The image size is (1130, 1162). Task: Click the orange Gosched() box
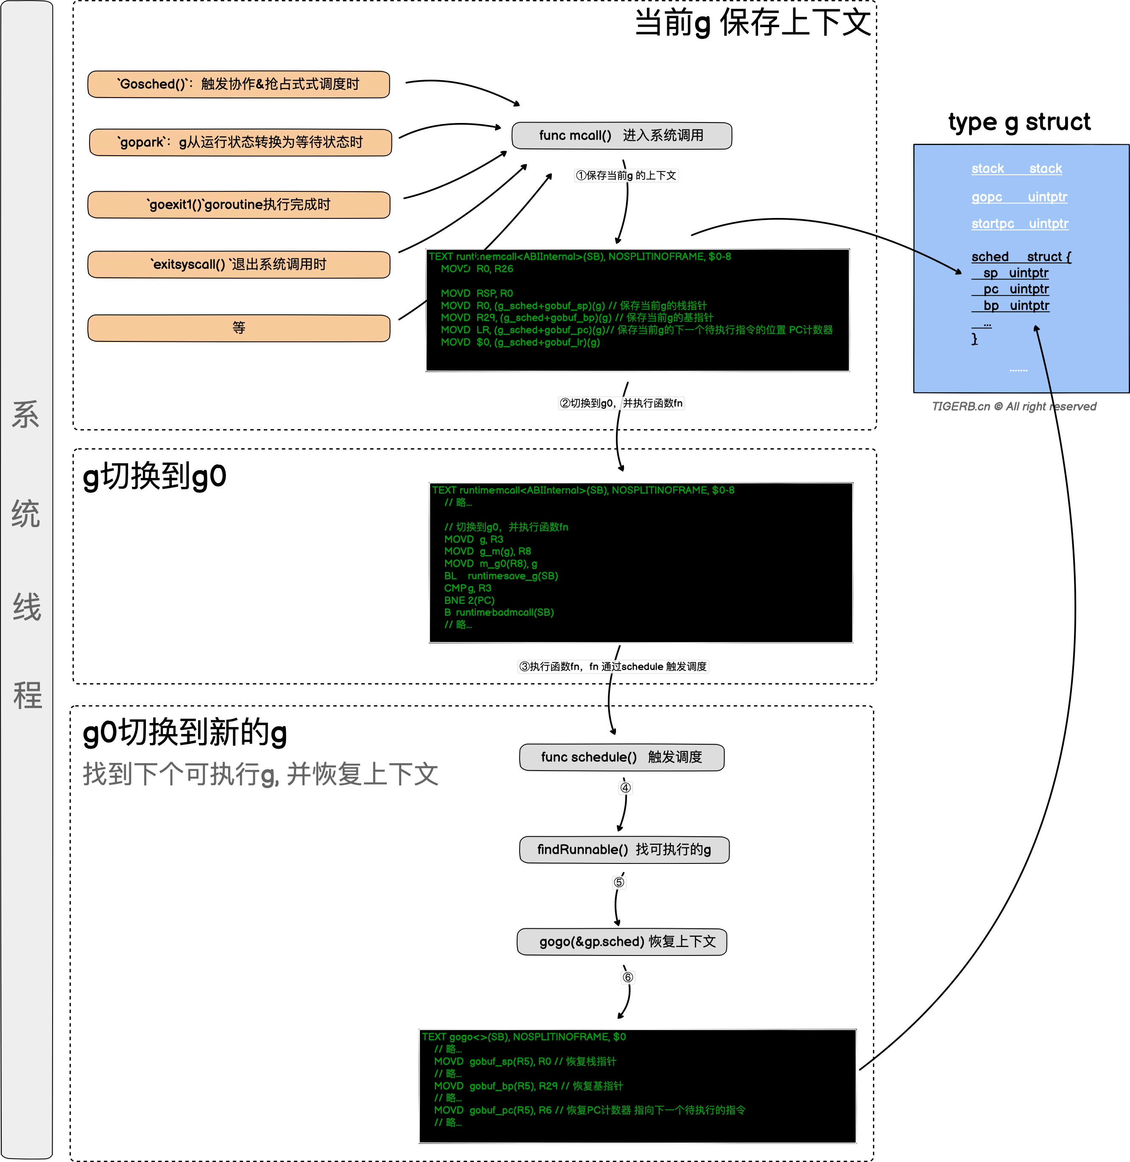click(x=238, y=84)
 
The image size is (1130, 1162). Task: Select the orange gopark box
click(x=241, y=142)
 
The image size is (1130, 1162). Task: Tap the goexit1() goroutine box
click(x=238, y=205)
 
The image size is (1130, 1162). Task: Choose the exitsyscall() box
click(x=238, y=265)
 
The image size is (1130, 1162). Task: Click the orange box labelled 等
click(x=238, y=328)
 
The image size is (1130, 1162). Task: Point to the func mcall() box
click(x=621, y=136)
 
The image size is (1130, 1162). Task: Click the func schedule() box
click(x=621, y=757)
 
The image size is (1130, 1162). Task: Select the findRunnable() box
click(x=624, y=850)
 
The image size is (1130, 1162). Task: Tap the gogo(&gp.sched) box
click(x=621, y=942)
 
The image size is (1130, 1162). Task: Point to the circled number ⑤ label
click(x=619, y=883)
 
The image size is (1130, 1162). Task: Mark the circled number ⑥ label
click(x=628, y=978)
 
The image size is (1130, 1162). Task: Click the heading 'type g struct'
click(x=1019, y=122)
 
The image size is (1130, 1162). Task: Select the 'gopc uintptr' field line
click(x=1019, y=197)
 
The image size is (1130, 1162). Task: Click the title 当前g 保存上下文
click(x=752, y=24)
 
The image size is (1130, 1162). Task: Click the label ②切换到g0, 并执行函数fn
click(x=621, y=404)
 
